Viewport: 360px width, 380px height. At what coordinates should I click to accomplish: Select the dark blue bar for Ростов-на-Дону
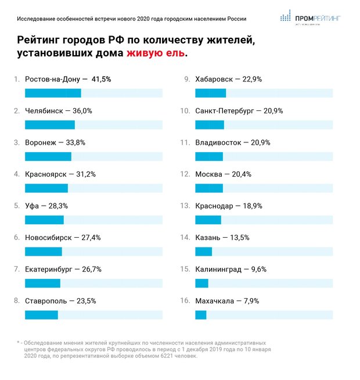pyautogui.click(x=53, y=93)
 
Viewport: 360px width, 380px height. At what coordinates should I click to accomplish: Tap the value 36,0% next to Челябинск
pyautogui.click(x=81, y=110)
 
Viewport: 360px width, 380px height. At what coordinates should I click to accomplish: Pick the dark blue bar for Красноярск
pyautogui.click(x=46, y=188)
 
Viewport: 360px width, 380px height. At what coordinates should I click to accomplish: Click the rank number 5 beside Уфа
pyautogui.click(x=16, y=205)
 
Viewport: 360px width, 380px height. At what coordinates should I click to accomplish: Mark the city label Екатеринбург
pyautogui.click(x=48, y=269)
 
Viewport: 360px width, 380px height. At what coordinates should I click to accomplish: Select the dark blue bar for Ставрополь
pyautogui.click(x=41, y=314)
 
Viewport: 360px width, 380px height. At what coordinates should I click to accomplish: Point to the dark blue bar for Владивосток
pyautogui.click(x=209, y=156)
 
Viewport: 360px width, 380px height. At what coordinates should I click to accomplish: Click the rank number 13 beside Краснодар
pyautogui.click(x=185, y=205)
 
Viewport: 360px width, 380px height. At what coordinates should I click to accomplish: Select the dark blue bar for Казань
pyautogui.click(x=203, y=251)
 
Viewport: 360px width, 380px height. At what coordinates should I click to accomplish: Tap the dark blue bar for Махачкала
pyautogui.click(x=201, y=314)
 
